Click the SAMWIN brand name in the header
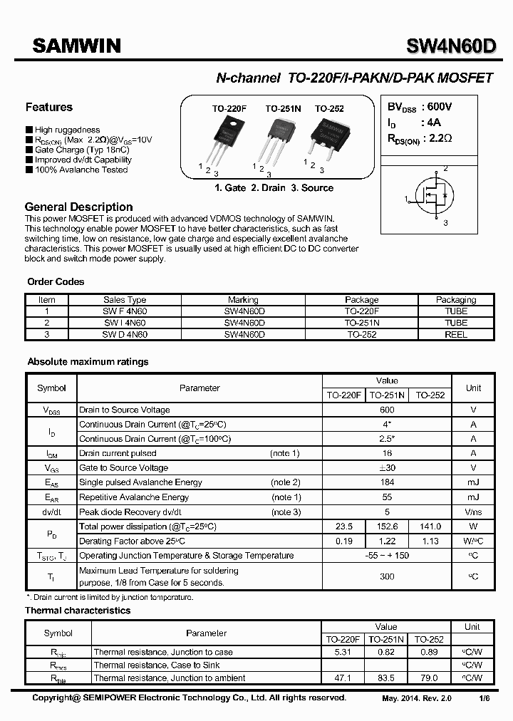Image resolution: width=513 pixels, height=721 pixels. (78, 46)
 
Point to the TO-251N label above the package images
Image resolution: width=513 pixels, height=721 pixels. (283, 108)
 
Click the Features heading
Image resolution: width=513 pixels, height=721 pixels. (48, 108)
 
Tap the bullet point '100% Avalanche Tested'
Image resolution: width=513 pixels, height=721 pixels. (81, 170)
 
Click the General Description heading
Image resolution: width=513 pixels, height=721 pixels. (78, 207)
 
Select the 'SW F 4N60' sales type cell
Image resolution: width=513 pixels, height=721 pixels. (125, 311)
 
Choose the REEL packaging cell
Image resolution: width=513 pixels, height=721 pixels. (456, 334)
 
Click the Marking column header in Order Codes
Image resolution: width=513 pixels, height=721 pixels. (243, 300)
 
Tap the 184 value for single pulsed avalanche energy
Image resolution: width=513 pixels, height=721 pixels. (387, 482)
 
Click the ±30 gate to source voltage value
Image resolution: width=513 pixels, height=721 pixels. (387, 467)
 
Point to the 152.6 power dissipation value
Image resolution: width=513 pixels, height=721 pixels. (387, 527)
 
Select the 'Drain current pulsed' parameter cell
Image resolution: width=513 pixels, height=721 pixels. (118, 453)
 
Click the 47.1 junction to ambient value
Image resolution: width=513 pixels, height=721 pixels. (343, 678)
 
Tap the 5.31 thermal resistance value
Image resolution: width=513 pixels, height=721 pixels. (343, 652)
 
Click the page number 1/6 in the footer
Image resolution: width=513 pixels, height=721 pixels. (484, 699)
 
